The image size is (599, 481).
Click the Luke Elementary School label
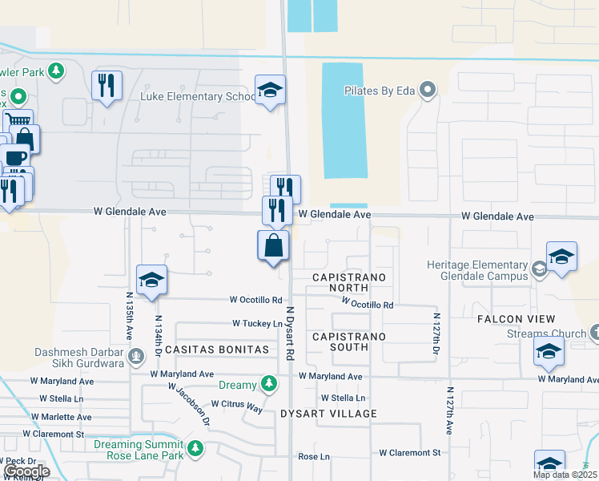point(197,96)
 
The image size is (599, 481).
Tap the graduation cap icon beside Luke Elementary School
point(270,91)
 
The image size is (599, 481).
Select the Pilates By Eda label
point(380,91)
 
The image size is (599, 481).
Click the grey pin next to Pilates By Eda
point(428,90)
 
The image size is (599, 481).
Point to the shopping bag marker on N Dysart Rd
point(273,245)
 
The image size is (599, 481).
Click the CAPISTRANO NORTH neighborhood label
point(349,283)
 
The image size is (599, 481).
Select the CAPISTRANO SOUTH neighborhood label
point(349,342)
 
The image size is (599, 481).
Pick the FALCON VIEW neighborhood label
point(516,319)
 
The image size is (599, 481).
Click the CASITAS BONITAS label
point(216,350)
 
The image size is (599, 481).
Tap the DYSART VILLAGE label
point(328,414)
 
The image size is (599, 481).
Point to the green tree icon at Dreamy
point(271,385)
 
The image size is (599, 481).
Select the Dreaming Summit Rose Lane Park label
point(139,451)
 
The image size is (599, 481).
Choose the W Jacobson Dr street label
point(190,402)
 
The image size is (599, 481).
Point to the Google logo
point(26,471)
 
